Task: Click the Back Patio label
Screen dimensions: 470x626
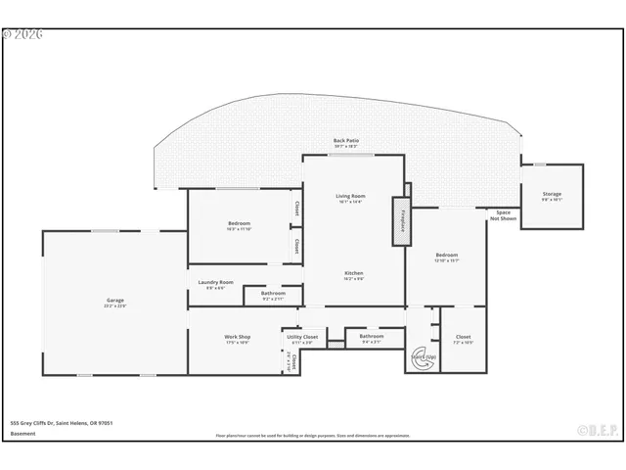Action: (x=345, y=140)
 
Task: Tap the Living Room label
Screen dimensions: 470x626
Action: (x=349, y=197)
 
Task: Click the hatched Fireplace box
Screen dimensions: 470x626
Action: (x=401, y=223)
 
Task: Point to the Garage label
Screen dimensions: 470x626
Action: (x=115, y=300)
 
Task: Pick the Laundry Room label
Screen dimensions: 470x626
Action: (x=215, y=282)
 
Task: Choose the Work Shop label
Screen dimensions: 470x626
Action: (x=238, y=337)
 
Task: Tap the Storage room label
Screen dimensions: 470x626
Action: (x=552, y=195)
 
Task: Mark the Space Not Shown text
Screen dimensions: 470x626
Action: (x=503, y=215)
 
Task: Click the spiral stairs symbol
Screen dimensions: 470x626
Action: (x=424, y=358)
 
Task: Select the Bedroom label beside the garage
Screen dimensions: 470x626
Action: (x=239, y=224)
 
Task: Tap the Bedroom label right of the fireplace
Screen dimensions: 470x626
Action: (x=446, y=255)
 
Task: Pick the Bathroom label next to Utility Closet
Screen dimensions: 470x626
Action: (x=372, y=337)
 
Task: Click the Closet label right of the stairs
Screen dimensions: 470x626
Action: (x=463, y=337)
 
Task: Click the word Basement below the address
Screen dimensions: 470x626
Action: (x=22, y=433)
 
